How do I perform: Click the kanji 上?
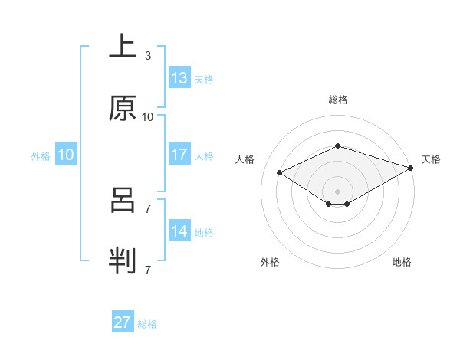[123, 47]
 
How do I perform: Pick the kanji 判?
[123, 260]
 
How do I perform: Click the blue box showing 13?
[179, 78]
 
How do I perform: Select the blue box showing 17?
[179, 155]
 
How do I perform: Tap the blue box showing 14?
[179, 231]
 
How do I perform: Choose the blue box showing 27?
[123, 322]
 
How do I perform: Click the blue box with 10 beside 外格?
[66, 155]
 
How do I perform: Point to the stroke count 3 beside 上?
[147, 56]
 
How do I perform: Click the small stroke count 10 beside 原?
[148, 117]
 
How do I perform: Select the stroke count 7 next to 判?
[147, 270]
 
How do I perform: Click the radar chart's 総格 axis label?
[338, 100]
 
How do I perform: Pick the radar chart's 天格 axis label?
[431, 159]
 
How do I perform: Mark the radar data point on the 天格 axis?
[412, 168]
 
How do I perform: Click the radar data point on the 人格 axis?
[280, 172]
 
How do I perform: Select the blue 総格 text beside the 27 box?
[147, 324]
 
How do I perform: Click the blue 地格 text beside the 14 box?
[204, 233]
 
